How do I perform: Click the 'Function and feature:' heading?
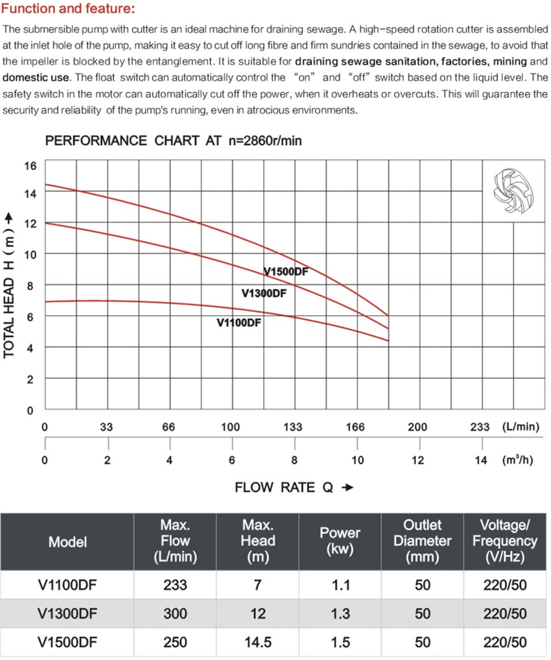(x=69, y=8)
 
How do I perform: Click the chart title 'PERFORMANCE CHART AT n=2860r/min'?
(x=174, y=141)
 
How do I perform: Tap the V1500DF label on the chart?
(x=286, y=272)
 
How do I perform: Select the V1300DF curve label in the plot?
(x=264, y=293)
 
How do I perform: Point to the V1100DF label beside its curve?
(x=239, y=323)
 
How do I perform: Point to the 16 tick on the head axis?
(x=30, y=166)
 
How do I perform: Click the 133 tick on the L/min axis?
(x=293, y=427)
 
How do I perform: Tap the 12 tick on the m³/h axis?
(x=418, y=460)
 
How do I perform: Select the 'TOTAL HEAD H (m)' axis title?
(x=9, y=286)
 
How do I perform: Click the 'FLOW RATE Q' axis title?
(x=284, y=488)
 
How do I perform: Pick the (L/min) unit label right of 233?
(x=521, y=427)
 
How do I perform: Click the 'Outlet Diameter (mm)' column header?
(x=422, y=541)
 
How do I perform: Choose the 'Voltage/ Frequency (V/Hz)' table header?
(x=505, y=541)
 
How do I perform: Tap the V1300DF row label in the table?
(x=67, y=614)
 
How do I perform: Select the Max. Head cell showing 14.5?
(x=258, y=642)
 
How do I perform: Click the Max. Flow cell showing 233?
(x=175, y=585)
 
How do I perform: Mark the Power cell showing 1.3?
(x=340, y=614)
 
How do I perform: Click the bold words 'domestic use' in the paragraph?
(x=36, y=77)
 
